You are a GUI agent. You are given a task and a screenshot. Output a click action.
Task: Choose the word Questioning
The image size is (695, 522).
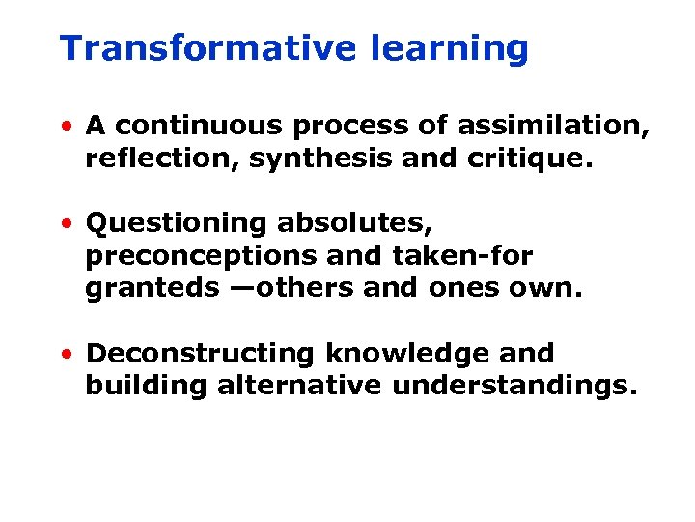177,224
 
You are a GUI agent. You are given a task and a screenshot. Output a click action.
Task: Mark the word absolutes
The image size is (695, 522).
355,224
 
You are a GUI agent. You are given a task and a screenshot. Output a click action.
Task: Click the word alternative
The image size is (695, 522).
300,387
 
